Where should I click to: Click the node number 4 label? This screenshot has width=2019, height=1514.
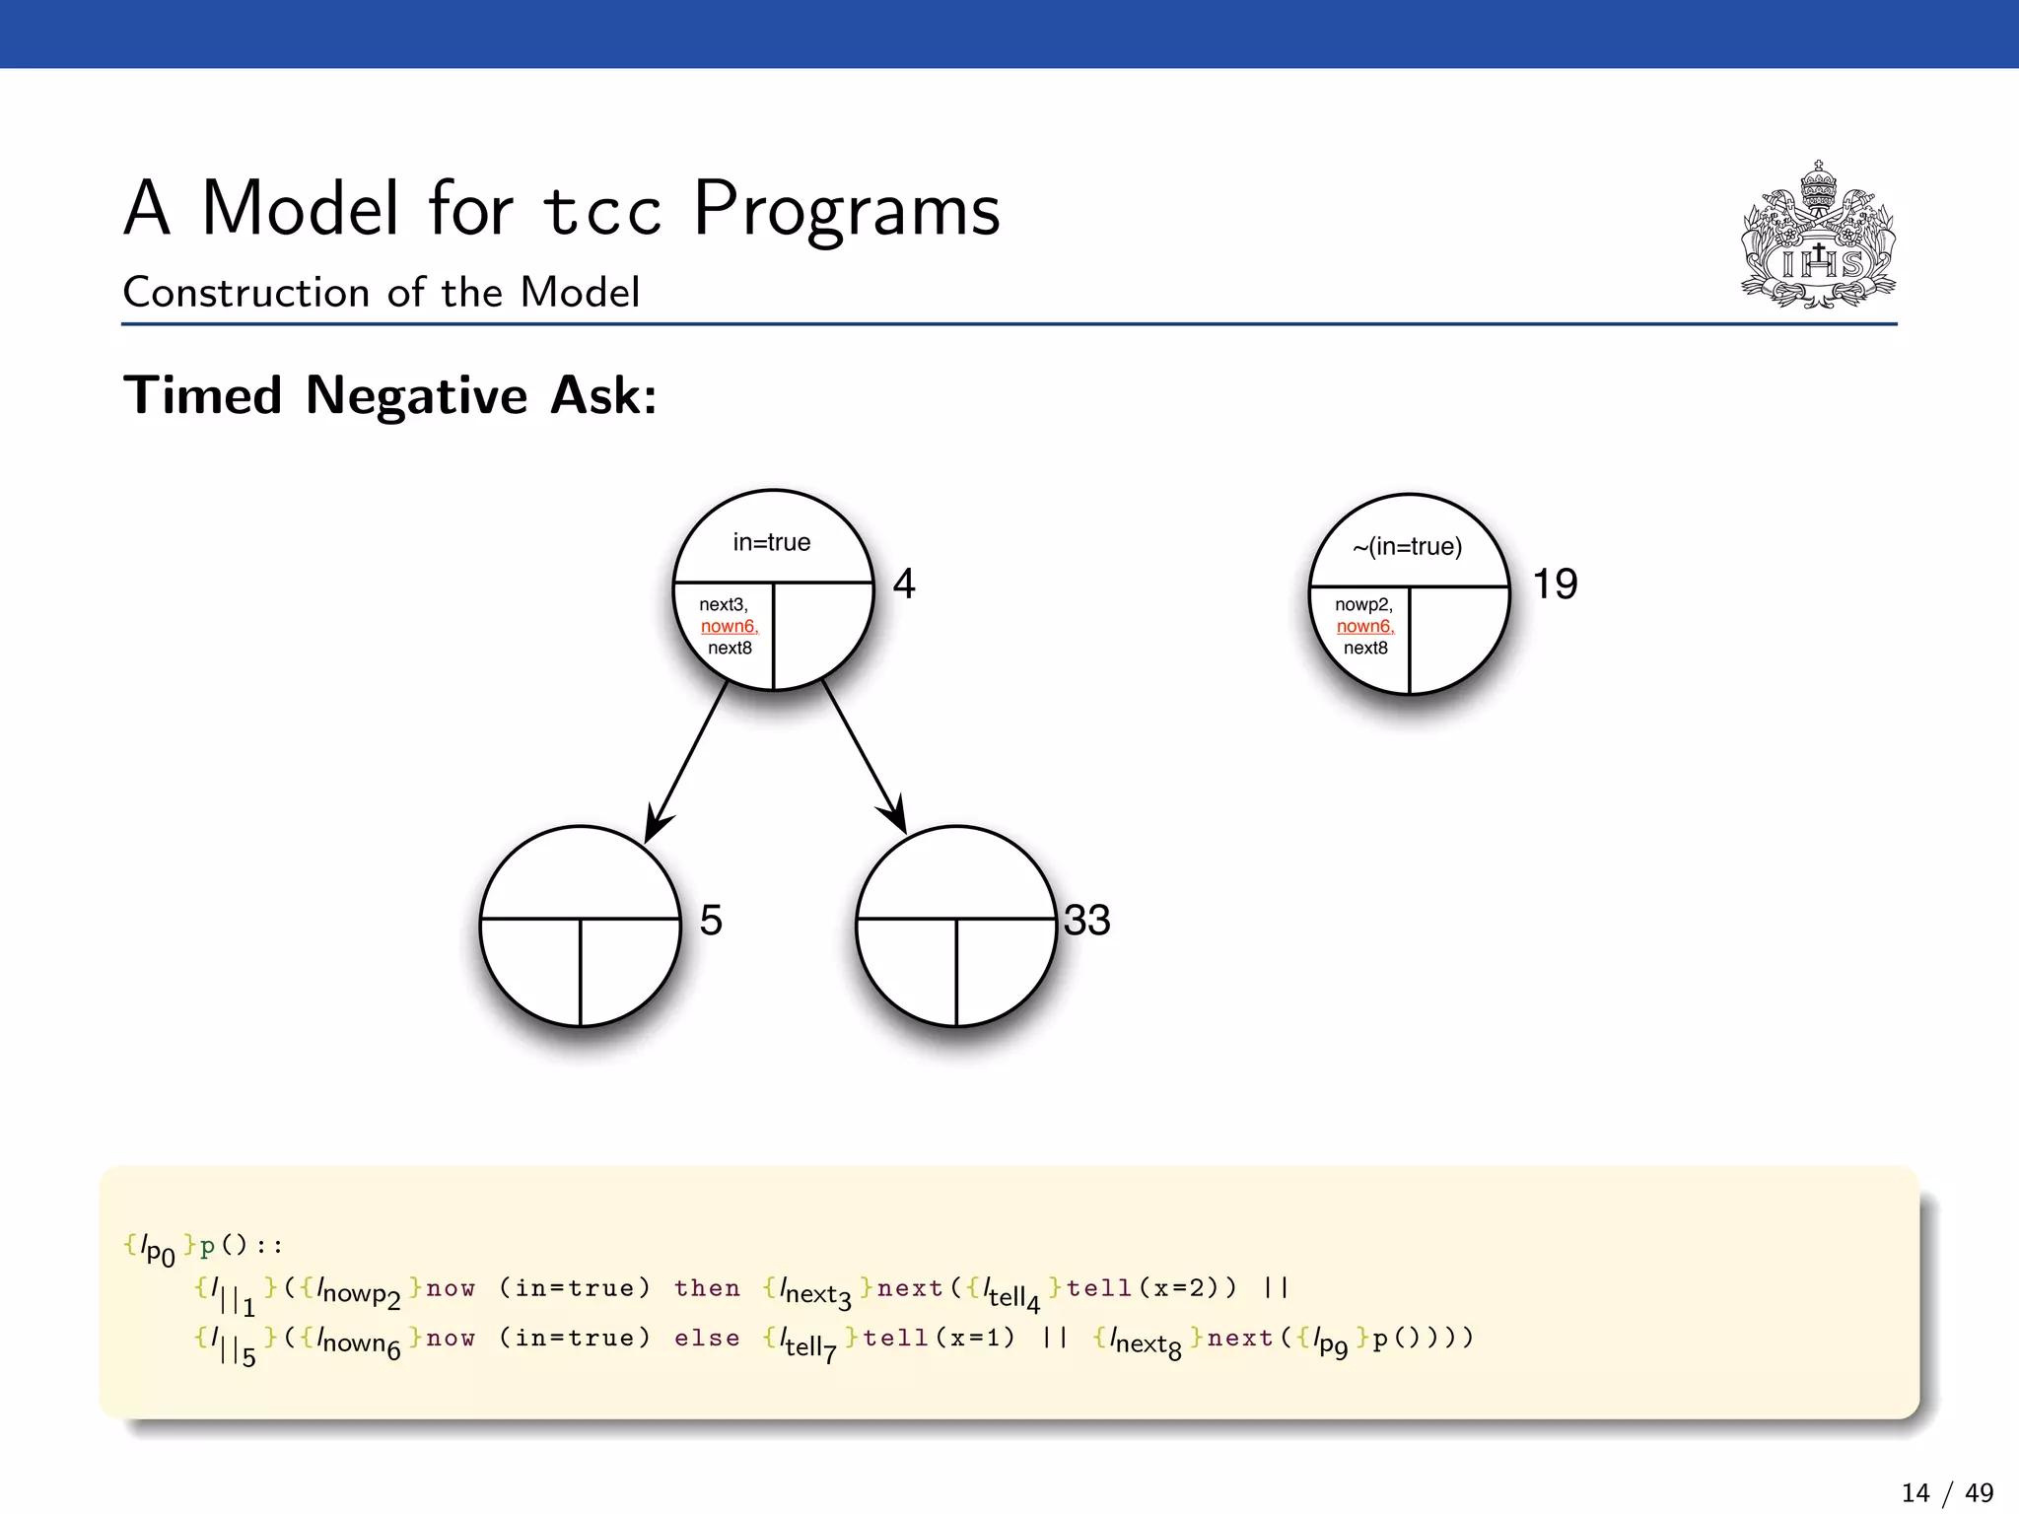coord(904,584)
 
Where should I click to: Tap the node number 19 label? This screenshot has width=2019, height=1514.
coord(1555,584)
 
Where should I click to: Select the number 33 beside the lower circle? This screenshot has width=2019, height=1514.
coord(1086,920)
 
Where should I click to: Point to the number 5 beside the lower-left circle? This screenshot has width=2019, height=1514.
coord(711,920)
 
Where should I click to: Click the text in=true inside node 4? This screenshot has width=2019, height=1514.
coord(771,542)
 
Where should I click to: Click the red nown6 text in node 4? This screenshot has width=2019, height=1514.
coord(729,626)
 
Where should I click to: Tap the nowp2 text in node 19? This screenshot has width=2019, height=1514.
coord(1363,604)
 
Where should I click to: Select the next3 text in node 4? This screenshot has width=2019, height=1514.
coord(724,604)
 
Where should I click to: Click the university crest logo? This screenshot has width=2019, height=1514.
coord(1818,237)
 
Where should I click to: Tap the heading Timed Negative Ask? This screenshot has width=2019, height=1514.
coord(389,395)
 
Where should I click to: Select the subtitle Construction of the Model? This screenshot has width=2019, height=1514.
coord(382,293)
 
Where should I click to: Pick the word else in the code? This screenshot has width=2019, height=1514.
coord(707,1339)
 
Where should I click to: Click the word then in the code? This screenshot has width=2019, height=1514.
coord(707,1288)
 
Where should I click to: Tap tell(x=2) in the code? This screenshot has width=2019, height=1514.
coord(1149,1288)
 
